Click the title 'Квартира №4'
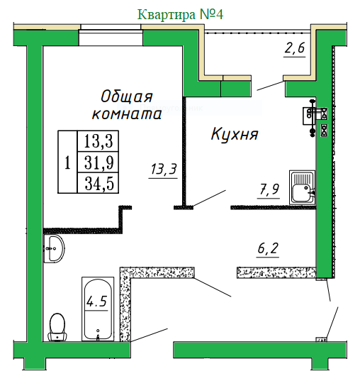[181, 14]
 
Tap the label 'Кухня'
[235, 134]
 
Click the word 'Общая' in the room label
[126, 96]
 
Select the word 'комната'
[127, 114]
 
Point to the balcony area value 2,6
[294, 48]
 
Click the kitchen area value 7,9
[269, 189]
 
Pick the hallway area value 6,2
[268, 248]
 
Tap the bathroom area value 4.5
[96, 302]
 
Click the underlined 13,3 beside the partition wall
[164, 169]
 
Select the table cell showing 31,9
[98, 162]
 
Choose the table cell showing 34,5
[98, 183]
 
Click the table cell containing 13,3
[98, 141]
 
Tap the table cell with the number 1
[67, 162]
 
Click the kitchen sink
[303, 187]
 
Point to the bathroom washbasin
[54, 249]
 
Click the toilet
[57, 327]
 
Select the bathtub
[98, 309]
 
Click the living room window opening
[111, 35]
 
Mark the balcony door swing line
[270, 86]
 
